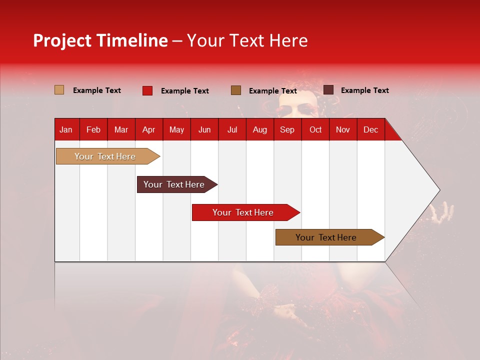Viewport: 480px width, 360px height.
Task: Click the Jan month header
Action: point(66,130)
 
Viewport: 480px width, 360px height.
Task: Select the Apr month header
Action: point(148,130)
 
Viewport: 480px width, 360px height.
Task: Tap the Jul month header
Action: point(232,130)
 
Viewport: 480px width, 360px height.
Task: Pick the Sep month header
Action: point(287,130)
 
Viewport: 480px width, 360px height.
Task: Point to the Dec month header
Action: point(370,130)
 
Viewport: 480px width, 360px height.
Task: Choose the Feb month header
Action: point(93,130)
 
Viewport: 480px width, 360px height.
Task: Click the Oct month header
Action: point(315,130)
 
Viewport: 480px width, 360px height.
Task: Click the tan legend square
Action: point(59,90)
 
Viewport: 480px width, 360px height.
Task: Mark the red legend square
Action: point(147,90)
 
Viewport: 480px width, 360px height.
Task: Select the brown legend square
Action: point(236,90)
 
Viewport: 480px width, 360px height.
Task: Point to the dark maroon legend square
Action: point(328,90)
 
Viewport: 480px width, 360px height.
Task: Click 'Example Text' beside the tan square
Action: point(97,90)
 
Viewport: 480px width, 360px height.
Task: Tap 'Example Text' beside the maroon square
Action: point(365,90)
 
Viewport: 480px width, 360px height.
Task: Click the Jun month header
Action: point(204,130)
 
